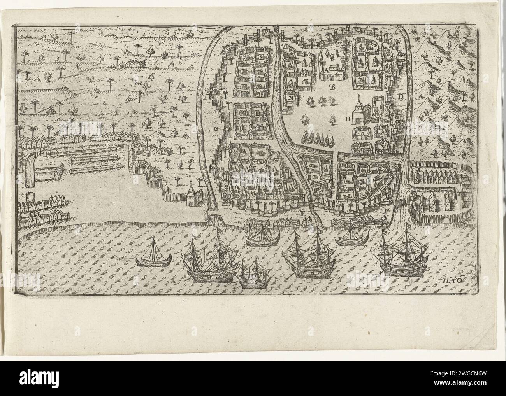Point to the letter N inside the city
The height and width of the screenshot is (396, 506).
(291, 98)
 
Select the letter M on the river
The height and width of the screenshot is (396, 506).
(284, 142)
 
